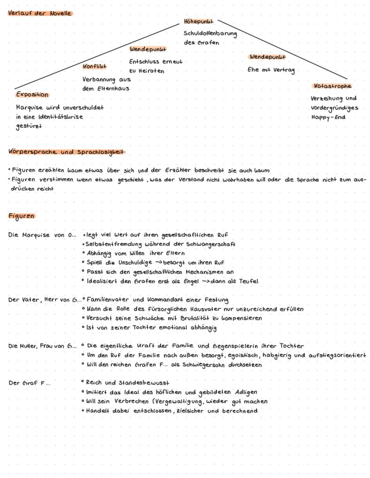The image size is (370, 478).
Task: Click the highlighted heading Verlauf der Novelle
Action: (40, 13)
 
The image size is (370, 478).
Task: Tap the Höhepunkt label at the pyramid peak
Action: (198, 21)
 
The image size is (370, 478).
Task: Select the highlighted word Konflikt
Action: (94, 67)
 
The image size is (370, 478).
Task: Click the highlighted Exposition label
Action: (32, 95)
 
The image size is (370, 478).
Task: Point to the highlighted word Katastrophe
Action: (333, 86)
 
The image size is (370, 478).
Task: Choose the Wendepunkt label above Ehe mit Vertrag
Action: (267, 57)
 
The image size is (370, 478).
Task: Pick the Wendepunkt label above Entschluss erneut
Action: (148, 49)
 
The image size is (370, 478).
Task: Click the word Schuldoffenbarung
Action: (210, 33)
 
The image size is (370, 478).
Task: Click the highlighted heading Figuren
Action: (21, 216)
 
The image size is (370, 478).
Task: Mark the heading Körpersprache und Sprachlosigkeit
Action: (67, 152)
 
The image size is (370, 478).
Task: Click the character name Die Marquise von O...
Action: (42, 235)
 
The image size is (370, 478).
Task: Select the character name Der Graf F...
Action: (29, 383)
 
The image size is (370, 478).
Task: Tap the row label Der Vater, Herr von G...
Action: (45, 300)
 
